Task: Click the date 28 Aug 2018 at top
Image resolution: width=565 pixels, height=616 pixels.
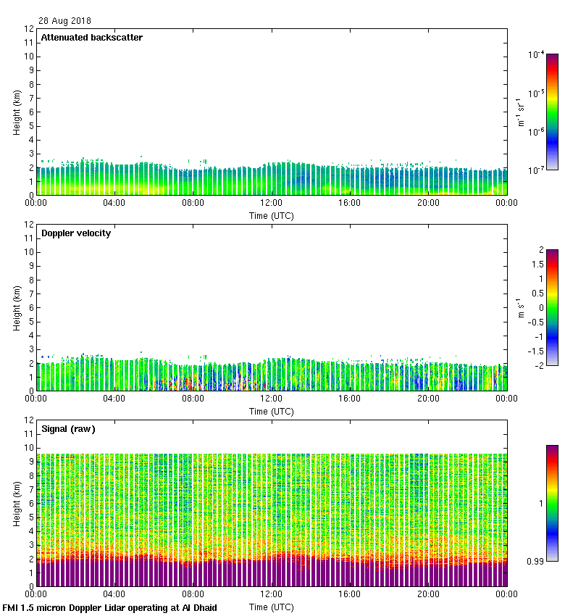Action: (x=64, y=21)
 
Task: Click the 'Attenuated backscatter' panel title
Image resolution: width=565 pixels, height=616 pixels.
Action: (x=92, y=38)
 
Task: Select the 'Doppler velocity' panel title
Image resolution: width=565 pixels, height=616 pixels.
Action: (x=76, y=233)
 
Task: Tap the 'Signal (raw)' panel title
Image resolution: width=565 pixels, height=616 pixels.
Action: (x=68, y=429)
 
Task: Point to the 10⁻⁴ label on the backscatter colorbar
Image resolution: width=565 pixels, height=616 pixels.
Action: (x=536, y=55)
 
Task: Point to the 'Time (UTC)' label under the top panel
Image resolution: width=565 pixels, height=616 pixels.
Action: (x=272, y=215)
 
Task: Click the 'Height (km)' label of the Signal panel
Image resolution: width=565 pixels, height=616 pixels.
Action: (x=16, y=503)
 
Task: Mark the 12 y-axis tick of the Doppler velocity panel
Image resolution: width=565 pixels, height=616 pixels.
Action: (x=28, y=225)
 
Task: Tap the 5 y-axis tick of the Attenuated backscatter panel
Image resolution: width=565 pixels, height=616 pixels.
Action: (x=30, y=126)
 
